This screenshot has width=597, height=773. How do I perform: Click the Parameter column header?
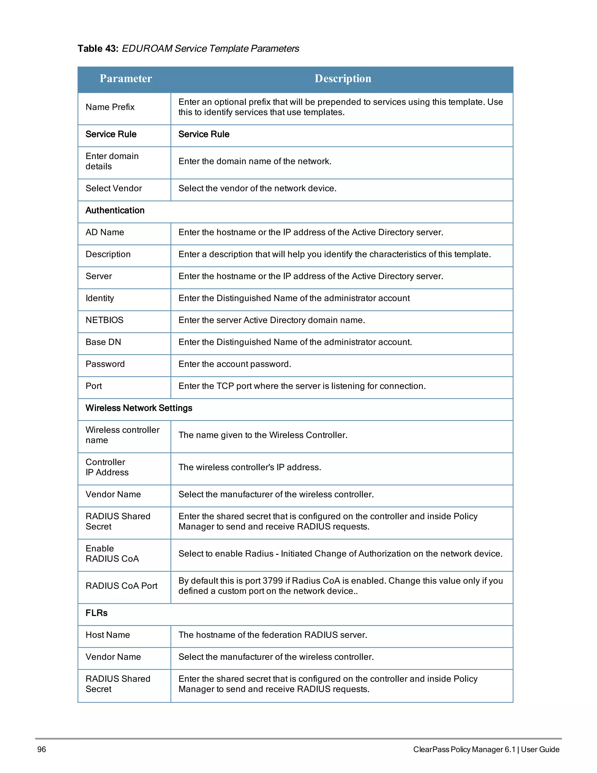[126, 78]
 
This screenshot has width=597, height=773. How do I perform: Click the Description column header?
[343, 78]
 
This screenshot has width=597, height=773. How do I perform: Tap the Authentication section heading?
[115, 211]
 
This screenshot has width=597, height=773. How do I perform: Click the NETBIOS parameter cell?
[104, 320]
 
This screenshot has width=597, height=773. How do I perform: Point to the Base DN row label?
[103, 342]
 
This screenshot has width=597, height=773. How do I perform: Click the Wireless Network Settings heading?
[139, 408]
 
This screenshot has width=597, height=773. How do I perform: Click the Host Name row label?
[108, 635]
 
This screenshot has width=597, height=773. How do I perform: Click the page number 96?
[42, 749]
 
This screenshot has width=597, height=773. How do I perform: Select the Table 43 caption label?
[98, 49]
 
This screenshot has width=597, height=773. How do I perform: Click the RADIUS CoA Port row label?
[121, 586]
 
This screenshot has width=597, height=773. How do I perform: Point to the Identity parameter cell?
[100, 298]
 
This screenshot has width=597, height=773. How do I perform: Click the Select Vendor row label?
[113, 189]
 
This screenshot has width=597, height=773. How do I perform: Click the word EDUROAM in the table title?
[147, 49]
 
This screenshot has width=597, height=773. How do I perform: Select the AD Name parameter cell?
[105, 232]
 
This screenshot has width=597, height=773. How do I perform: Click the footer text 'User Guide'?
[540, 749]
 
